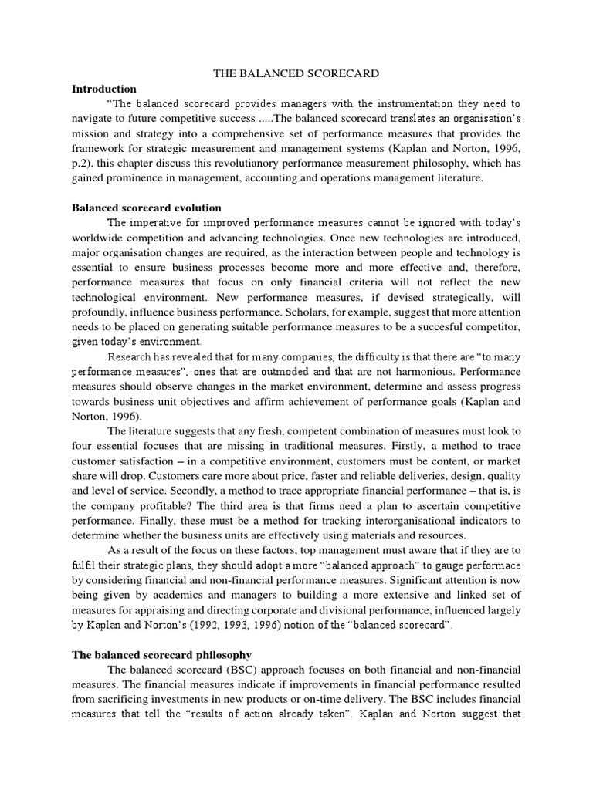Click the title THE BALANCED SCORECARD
click(x=296, y=74)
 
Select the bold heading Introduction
click(x=103, y=89)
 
